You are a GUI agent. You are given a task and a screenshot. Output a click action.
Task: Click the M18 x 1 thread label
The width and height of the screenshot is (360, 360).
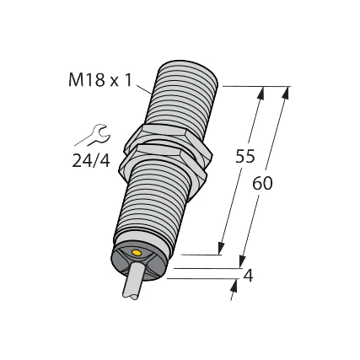[99, 80]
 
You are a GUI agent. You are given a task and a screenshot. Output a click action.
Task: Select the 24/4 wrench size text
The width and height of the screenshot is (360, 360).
[90, 160]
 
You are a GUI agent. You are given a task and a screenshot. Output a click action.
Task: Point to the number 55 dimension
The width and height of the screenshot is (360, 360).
[245, 157]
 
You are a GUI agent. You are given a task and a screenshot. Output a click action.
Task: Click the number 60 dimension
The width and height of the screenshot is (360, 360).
[263, 183]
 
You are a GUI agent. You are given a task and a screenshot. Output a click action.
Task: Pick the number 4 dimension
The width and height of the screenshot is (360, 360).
[248, 277]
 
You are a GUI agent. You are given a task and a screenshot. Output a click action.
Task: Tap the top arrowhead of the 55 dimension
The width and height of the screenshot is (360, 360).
[260, 94]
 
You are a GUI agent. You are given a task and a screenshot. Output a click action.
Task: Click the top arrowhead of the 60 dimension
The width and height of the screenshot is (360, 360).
[282, 94]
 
